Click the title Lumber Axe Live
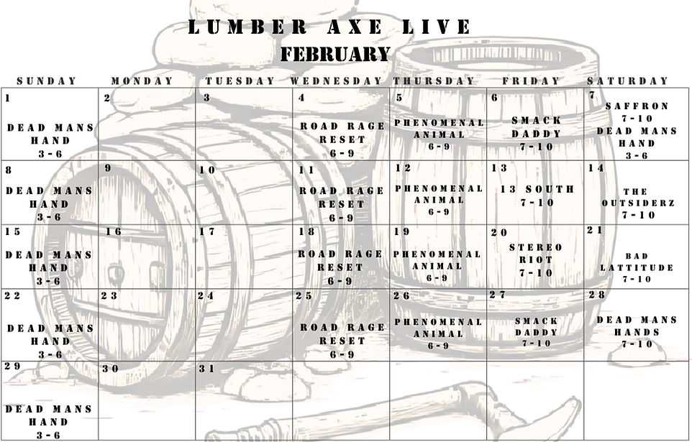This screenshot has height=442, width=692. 329,28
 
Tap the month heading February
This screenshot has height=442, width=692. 335,55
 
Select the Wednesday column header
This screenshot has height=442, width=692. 336,81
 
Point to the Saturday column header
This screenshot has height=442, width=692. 627,81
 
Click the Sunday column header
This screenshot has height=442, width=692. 47,81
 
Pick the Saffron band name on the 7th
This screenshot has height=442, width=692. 637,106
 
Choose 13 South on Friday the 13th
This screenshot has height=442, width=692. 537,190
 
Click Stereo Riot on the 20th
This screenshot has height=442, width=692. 536,254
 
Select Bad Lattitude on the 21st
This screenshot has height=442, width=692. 637,262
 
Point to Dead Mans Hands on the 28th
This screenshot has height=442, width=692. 637,326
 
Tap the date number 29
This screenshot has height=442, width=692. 13,367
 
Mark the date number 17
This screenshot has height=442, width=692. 207,232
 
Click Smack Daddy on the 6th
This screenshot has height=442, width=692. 537,127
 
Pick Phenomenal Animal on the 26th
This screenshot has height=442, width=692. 437,328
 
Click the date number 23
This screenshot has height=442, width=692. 109,296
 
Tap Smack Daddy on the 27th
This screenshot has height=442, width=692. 536,327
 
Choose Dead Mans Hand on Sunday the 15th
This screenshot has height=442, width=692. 50,261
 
